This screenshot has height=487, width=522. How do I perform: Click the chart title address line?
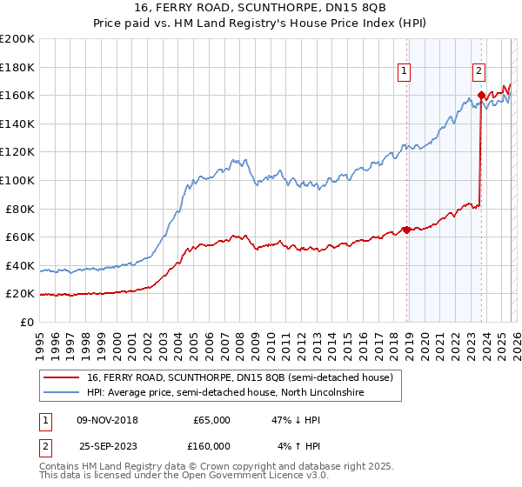click(261, 7)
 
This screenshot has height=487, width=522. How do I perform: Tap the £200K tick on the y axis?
click(17, 38)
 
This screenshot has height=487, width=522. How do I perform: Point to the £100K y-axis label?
click(17, 180)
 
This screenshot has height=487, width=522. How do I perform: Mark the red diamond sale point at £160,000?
click(481, 96)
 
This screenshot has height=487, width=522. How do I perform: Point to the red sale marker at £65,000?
click(406, 230)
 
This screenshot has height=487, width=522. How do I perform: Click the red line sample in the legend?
click(63, 377)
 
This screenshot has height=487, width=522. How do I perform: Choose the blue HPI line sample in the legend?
click(63, 394)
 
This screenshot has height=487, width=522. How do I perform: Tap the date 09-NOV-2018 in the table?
click(108, 419)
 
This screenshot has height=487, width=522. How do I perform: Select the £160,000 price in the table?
click(211, 446)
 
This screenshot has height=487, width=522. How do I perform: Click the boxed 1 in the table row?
click(45, 419)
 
